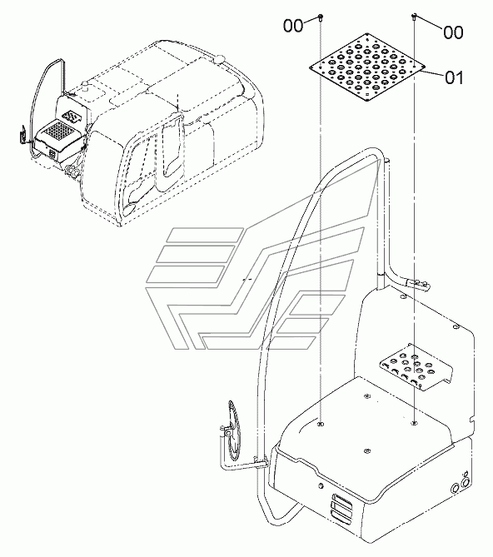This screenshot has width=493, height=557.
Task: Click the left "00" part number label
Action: (x=293, y=27)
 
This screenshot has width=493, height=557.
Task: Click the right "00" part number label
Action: (x=453, y=32)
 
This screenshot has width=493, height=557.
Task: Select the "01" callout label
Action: (x=453, y=80)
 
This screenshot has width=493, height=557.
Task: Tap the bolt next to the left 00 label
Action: (x=321, y=18)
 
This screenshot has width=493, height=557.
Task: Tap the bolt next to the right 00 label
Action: (x=415, y=17)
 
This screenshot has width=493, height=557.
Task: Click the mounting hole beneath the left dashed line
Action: (x=321, y=425)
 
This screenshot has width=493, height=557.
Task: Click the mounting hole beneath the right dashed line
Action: (x=414, y=425)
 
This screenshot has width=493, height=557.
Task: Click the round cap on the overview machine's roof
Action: (x=220, y=57)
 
